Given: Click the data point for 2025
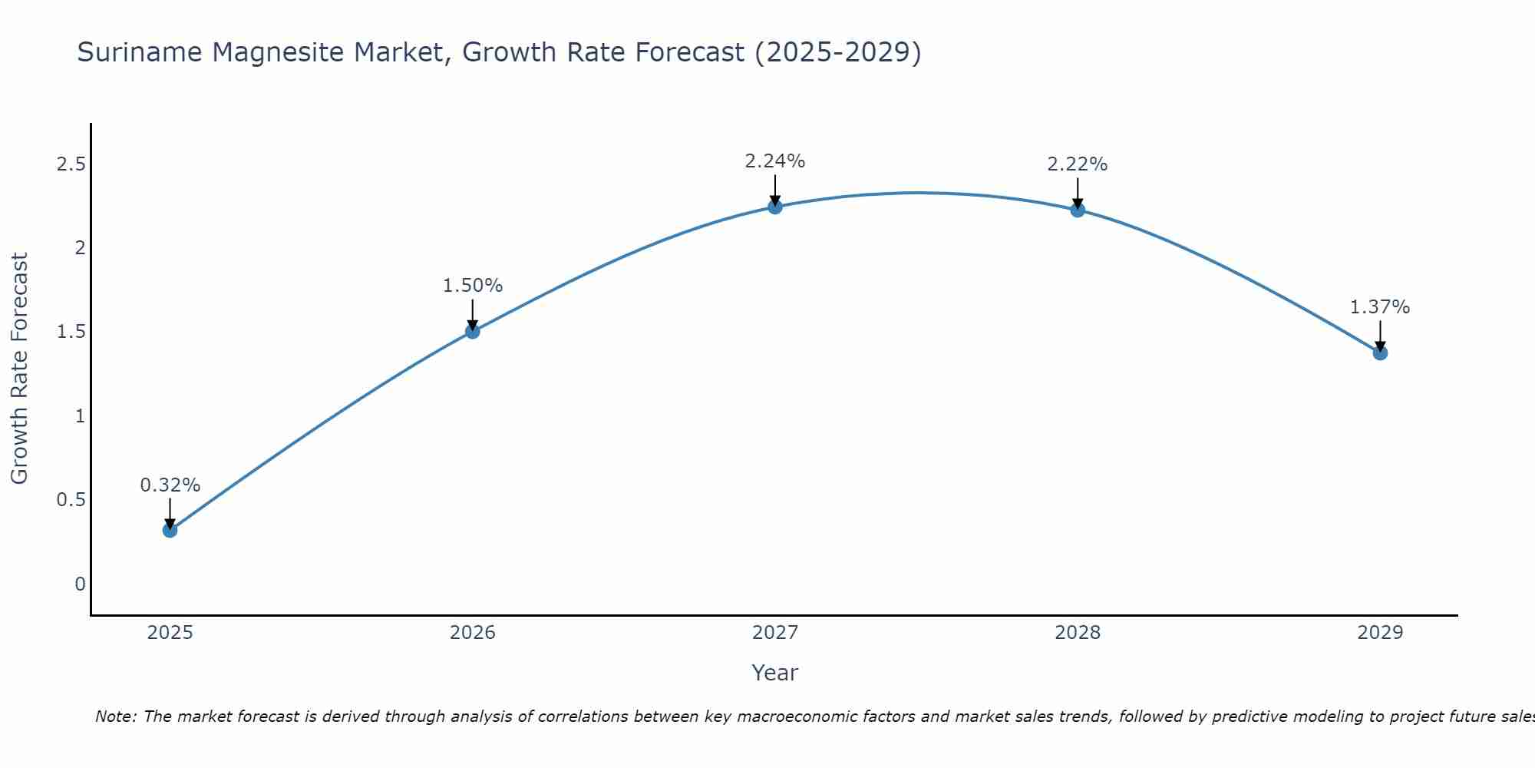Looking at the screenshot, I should click(170, 530).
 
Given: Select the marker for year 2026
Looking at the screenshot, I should click(473, 331).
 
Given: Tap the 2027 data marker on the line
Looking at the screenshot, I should click(775, 207).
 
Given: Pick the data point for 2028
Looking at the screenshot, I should click(1078, 210).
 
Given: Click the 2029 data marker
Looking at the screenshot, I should click(1380, 353).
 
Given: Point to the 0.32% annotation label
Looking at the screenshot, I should click(170, 485).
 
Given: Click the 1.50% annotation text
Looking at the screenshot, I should click(473, 286).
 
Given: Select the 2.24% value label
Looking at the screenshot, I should click(775, 161).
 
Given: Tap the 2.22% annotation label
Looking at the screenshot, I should click(1078, 164).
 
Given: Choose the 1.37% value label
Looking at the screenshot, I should click(1380, 307).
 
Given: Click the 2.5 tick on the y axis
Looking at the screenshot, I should click(71, 164).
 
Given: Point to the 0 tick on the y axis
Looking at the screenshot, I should click(80, 584).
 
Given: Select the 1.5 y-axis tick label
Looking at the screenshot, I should click(71, 332).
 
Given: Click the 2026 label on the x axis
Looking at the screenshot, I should click(473, 633).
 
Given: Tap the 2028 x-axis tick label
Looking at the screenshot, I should click(1078, 633).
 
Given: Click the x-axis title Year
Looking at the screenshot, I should click(775, 673).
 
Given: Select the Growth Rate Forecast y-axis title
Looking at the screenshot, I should click(19, 369).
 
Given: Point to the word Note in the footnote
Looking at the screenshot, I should click(115, 717).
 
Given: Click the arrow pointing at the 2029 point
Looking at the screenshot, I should click(1380, 336).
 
